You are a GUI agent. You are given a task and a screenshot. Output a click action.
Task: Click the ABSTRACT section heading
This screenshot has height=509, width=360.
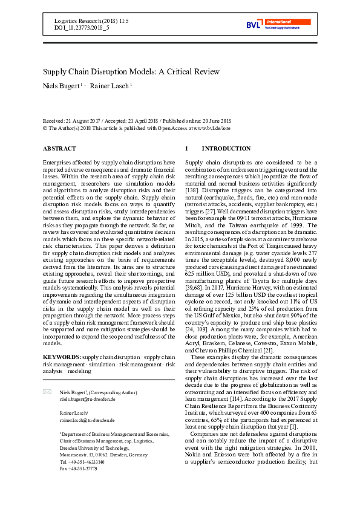tap(60, 148)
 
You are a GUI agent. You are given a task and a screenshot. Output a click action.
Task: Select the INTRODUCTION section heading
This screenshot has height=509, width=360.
tap(217, 148)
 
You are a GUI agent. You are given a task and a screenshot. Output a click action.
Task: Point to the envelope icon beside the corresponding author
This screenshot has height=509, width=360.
tap(47, 375)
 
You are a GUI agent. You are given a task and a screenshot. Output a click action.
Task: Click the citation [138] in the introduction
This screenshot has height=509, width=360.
tap(193, 190)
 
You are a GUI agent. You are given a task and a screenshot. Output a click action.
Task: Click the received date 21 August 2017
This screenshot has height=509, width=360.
tap(89, 121)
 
